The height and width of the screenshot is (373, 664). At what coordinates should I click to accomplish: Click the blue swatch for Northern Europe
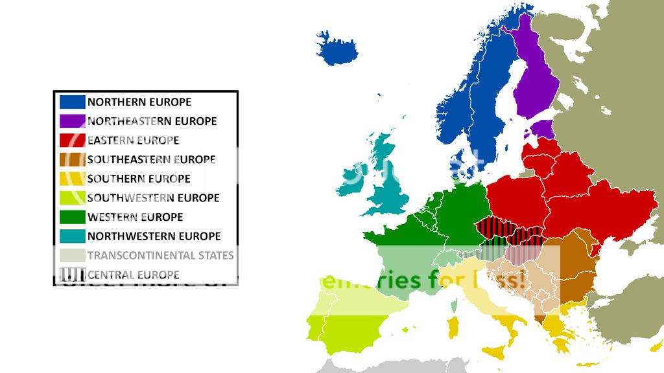coord(72,102)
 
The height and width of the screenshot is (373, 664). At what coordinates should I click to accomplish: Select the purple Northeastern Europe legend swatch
coord(72,121)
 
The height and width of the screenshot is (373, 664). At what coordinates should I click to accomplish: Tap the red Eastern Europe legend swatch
coord(72,140)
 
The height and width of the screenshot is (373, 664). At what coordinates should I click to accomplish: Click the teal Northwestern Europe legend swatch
coord(72,236)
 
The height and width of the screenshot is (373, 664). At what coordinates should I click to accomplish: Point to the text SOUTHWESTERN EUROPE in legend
coord(153,198)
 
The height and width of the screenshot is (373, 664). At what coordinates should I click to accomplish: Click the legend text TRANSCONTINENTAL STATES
coord(160,255)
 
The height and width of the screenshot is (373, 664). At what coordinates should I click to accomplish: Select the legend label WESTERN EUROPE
coord(135,217)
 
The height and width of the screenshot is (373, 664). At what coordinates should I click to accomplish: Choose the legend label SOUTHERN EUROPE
coord(139,179)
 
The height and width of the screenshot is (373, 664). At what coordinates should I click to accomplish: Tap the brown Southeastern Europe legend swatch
coord(72,159)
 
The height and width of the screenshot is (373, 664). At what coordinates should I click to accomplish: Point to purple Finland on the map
coord(534,84)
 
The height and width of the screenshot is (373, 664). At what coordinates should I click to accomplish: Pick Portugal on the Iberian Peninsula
coord(316,327)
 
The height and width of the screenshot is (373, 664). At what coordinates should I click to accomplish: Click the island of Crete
coord(587,364)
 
